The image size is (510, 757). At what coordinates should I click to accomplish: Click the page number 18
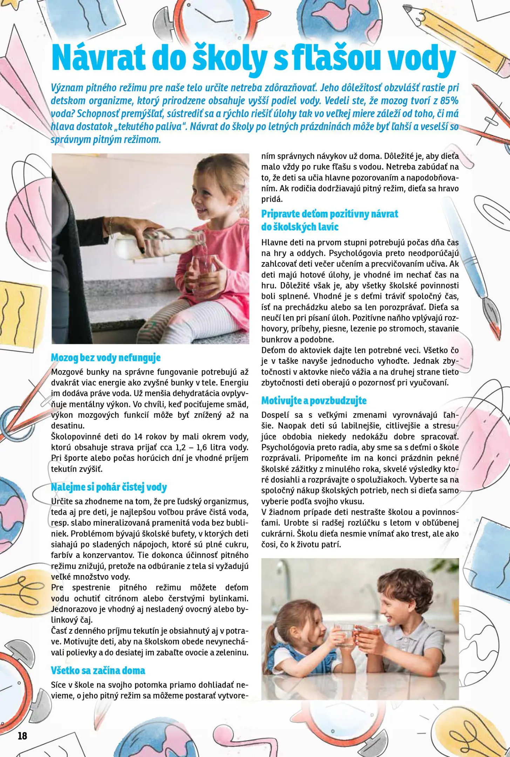[x=22, y=736]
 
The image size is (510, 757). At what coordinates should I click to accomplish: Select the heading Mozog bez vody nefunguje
[x=106, y=358]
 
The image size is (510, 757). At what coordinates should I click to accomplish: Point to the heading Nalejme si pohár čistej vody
[x=109, y=487]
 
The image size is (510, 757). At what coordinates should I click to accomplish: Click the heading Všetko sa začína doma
[x=98, y=670]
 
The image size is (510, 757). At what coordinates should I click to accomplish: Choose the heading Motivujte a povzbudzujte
[x=314, y=401]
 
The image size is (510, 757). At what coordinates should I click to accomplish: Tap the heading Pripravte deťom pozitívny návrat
[x=329, y=214]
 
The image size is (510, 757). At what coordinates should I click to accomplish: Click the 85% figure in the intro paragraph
[x=449, y=101]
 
